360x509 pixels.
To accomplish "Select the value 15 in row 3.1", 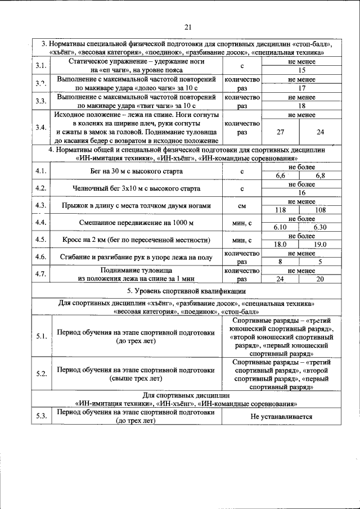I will tap(301, 70).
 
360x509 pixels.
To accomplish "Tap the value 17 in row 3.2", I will tap(301, 88).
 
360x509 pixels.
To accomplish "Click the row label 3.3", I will tap(40, 101).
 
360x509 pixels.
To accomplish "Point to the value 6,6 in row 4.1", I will tap(280, 176).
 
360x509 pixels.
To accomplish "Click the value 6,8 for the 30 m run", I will tap(321, 176).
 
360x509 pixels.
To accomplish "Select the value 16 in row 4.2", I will tap(301, 192).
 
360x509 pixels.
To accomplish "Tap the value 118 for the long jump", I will tap(280, 210).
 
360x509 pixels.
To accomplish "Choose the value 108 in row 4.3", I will tap(321, 210).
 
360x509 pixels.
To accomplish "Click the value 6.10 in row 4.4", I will tap(280, 227).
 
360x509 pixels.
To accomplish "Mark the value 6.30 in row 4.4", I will tap(321, 227).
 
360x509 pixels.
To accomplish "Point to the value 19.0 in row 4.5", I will tap(321, 244).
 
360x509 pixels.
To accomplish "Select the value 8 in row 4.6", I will tap(280, 262).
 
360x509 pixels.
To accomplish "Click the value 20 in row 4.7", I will tap(321, 278).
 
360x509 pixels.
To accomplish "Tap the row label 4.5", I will tap(40, 240).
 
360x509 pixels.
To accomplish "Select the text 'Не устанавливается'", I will tap(281, 416).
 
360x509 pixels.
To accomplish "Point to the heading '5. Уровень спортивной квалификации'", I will tap(186, 291).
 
